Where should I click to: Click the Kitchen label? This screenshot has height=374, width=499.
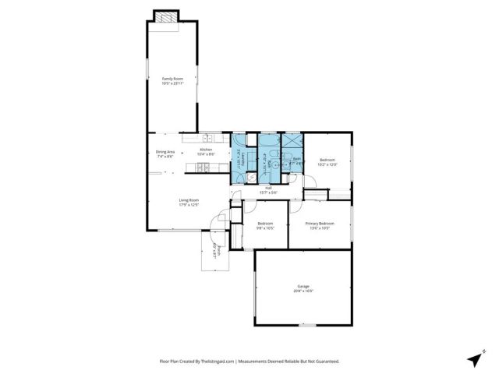(206, 150)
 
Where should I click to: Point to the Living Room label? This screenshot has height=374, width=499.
(189, 200)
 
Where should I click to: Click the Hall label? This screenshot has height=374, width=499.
(268, 187)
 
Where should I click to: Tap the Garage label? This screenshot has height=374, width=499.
(303, 286)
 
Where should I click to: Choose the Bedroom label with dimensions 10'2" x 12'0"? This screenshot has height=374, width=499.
(326, 160)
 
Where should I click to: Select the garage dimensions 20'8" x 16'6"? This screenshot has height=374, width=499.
(303, 291)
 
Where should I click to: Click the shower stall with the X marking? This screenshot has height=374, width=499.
(292, 142)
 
